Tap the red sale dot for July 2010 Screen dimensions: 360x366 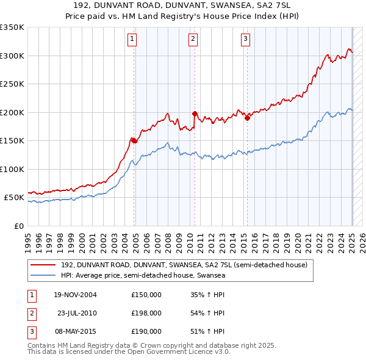195,113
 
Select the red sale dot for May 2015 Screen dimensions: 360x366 247,118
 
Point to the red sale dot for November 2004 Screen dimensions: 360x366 134,140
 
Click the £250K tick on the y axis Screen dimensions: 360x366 13,84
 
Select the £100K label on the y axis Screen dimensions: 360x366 13,169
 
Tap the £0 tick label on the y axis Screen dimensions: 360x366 20,226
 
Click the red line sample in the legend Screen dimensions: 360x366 43,265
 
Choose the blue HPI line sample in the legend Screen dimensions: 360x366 43,275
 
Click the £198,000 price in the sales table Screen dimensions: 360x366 146,313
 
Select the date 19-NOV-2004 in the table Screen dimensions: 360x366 75,295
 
